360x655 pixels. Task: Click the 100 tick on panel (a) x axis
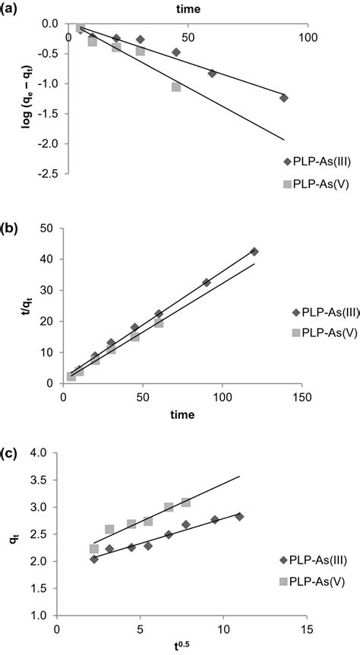(308, 37)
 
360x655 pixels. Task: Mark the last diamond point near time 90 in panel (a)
(283, 98)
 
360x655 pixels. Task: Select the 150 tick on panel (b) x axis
(302, 397)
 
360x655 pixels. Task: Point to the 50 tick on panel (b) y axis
(47, 228)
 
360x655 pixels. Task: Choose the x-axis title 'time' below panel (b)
(182, 414)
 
